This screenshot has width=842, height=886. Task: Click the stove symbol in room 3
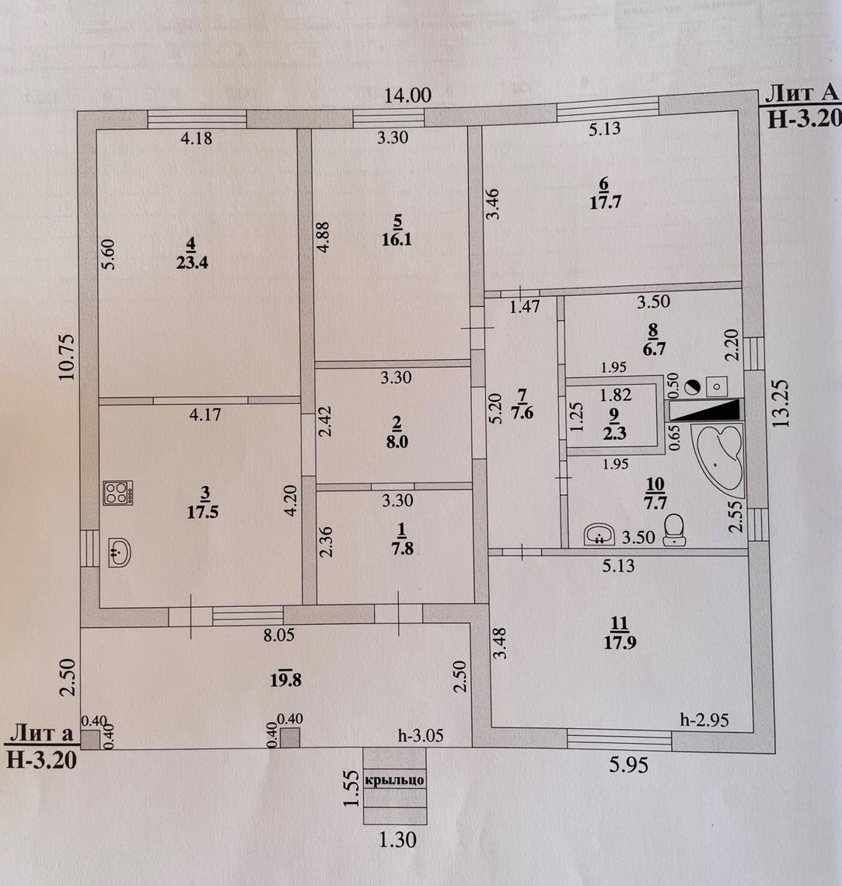119,492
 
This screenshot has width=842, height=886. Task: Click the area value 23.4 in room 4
197,261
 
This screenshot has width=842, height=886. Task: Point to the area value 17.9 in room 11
619,642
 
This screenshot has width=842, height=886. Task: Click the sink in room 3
118,553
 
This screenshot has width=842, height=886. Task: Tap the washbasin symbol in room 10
599,534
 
